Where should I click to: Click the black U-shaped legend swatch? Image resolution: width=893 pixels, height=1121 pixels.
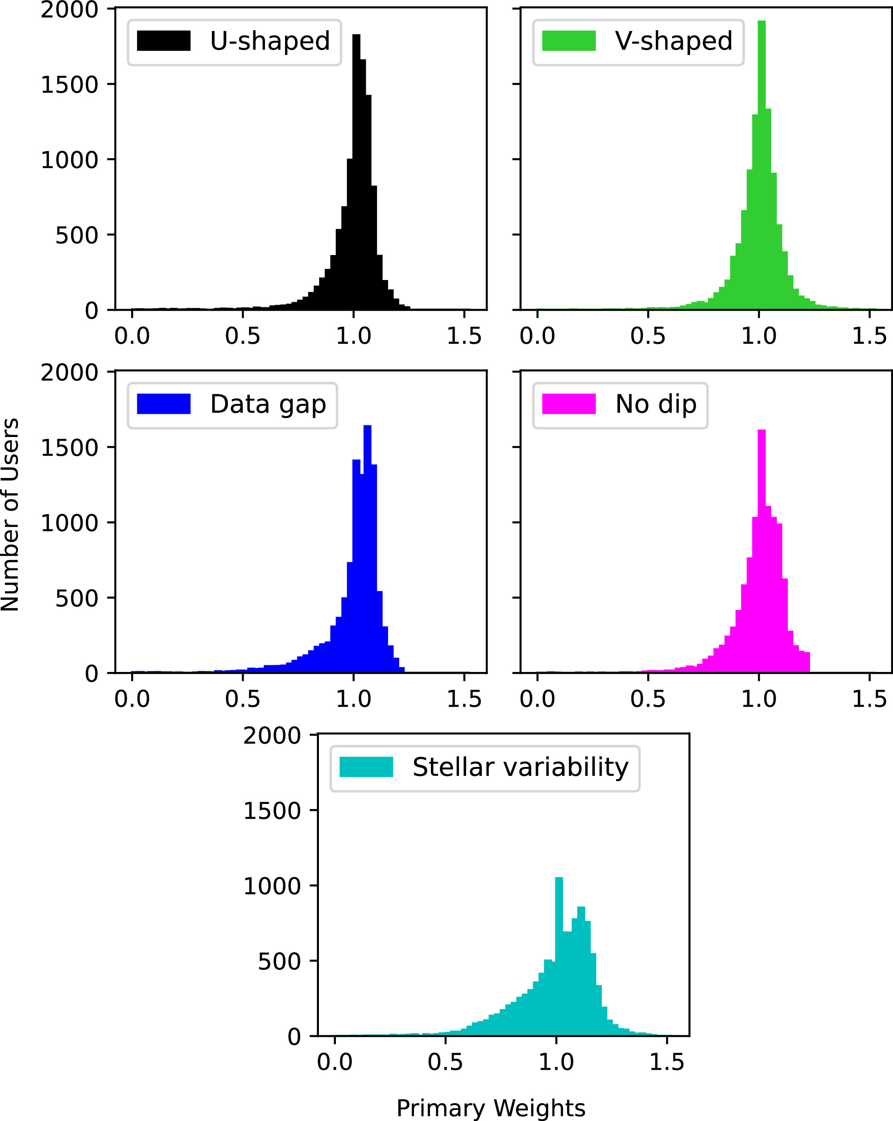[x=163, y=41]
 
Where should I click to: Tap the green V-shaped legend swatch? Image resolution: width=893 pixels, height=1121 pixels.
[x=568, y=41]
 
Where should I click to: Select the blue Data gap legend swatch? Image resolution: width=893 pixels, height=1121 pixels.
[x=163, y=404]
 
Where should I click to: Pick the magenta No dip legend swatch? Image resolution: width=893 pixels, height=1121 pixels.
[x=568, y=404]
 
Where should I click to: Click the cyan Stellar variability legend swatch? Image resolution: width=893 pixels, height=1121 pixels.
[x=366, y=767]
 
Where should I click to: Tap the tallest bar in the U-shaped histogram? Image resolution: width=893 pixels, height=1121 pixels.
[x=356, y=172]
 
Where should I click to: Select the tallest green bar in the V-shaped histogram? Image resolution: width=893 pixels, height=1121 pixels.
[x=761, y=165]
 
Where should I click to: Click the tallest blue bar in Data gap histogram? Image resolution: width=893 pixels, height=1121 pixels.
[x=367, y=549]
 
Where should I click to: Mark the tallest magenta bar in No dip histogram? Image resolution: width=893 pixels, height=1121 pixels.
[x=761, y=551]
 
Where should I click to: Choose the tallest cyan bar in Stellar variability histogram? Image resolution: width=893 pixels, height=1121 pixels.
[x=559, y=957]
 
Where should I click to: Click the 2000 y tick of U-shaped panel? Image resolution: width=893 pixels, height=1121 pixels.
[x=69, y=10]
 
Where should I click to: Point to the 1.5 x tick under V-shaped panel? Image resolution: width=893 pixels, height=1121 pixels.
[x=869, y=336]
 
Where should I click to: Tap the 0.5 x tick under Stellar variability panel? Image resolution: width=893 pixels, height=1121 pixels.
[x=445, y=1062]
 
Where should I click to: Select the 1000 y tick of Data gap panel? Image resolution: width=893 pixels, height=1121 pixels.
[x=69, y=523]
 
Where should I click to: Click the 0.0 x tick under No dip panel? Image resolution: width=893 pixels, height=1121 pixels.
[x=537, y=699]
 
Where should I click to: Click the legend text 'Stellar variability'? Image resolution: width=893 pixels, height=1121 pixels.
[x=520, y=767]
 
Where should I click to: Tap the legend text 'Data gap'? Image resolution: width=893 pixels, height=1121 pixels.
[x=268, y=404]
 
